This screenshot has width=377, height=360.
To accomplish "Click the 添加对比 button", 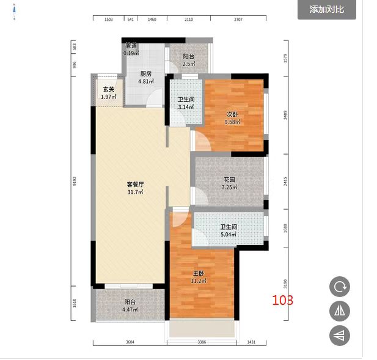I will [326, 9].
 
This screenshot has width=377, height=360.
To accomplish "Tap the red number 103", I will [282, 300].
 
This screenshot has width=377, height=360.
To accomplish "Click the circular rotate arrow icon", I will [339, 287].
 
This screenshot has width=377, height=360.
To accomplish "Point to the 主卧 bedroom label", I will [199, 273].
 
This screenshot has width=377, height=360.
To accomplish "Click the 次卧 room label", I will [232, 114].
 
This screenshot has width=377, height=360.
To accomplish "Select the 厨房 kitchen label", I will [145, 74].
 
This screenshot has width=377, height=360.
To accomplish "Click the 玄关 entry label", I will [108, 89].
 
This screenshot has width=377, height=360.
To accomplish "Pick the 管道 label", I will [131, 46].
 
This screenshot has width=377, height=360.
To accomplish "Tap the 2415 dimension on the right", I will [285, 181].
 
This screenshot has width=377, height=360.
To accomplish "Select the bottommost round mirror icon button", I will [339, 335].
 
